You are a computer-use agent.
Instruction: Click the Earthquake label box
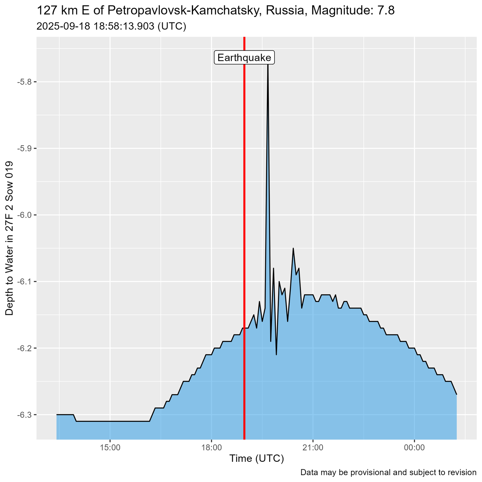pyautogui.click(x=245, y=58)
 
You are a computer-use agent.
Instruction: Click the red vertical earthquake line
pyautogui.click(x=244, y=216)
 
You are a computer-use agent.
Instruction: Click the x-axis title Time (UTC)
pyautogui.click(x=257, y=459)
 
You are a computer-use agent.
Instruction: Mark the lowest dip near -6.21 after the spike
pyautogui.click(x=276, y=355)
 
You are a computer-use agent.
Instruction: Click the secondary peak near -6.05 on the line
pyautogui.click(x=293, y=248)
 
